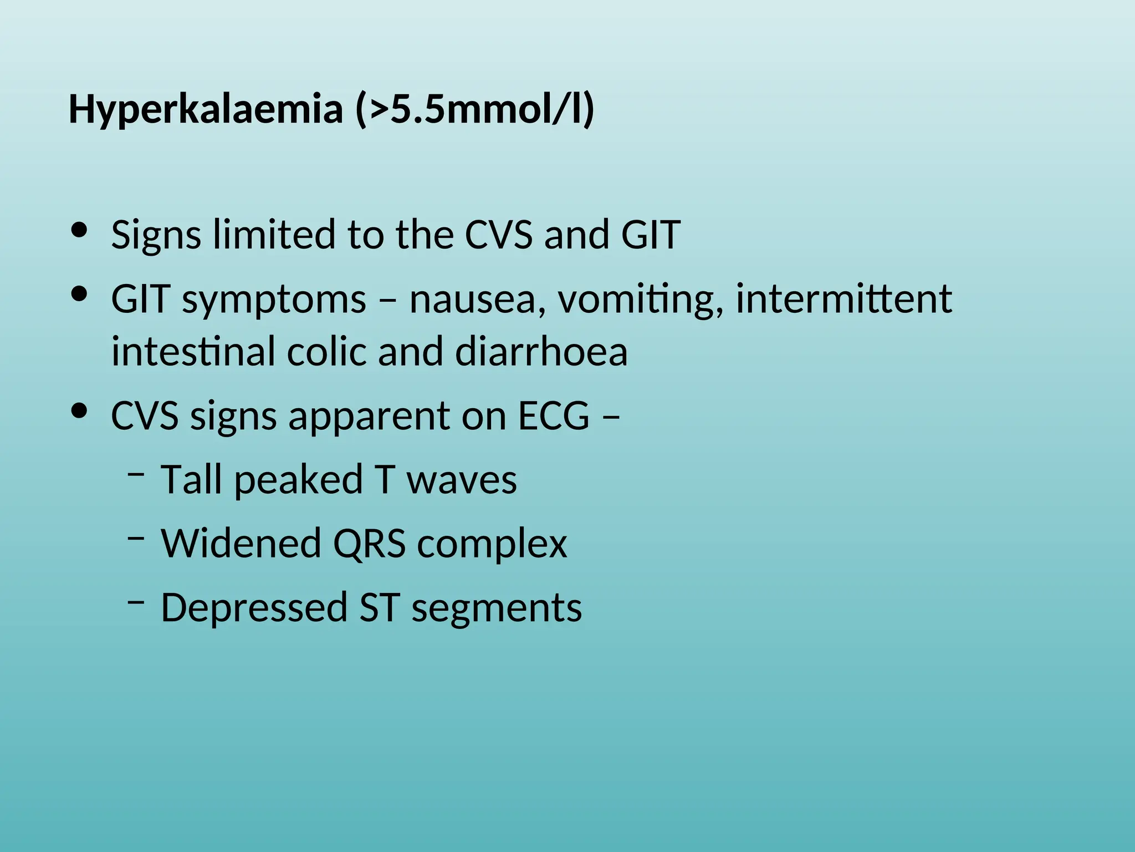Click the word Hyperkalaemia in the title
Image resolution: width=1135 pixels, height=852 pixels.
coord(206,110)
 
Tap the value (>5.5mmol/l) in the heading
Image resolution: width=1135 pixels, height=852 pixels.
coord(474,110)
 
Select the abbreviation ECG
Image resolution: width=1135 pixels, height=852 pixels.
coord(554,416)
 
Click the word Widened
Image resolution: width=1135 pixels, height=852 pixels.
coord(241,544)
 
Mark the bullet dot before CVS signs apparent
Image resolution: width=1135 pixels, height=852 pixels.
coord(80,411)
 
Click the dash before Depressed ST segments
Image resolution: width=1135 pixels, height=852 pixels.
coord(136,601)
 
